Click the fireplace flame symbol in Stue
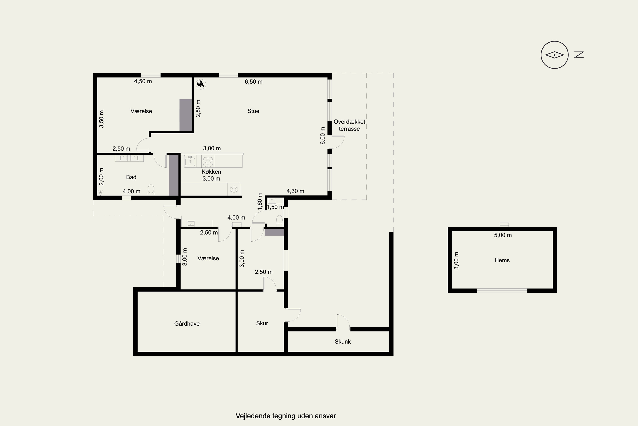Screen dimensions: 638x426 coord(201,84)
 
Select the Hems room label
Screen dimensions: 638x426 coord(502,260)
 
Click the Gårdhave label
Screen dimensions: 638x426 coord(187,324)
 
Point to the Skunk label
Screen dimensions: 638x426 coord(343,341)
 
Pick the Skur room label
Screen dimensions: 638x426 coord(262,323)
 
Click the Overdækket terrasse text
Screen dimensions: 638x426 coord(349,125)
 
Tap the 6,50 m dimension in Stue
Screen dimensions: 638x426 coord(254,82)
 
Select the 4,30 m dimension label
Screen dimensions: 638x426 coord(295,191)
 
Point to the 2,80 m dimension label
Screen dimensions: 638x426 coord(198,108)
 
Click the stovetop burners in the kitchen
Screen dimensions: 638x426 coord(208,162)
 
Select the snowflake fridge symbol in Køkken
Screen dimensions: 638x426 coord(234,189)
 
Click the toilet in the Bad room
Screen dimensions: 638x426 coord(151,190)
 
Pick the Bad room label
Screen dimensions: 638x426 coord(131,177)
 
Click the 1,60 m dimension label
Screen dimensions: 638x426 coord(260,201)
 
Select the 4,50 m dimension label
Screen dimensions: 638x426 coord(143,81)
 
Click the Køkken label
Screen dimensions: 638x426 coord(211,172)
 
